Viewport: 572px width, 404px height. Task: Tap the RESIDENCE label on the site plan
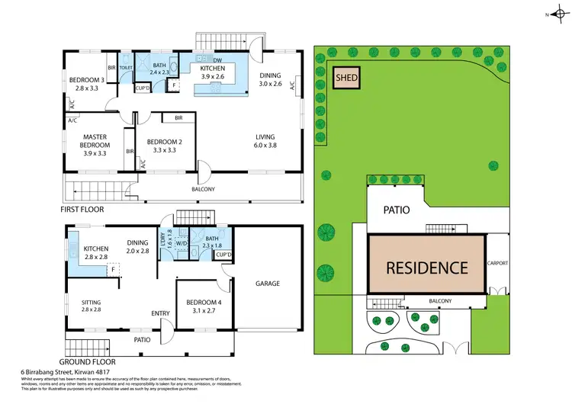tap(426, 268)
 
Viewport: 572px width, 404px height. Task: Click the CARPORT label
tap(497, 263)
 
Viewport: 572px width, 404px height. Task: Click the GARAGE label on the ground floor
tap(268, 284)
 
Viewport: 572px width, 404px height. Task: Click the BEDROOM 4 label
tap(203, 306)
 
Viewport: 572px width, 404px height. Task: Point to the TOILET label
tap(127, 67)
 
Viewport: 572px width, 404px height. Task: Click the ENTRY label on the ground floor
tap(161, 313)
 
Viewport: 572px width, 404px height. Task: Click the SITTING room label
tap(92, 306)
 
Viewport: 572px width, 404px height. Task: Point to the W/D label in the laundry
tap(182, 245)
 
